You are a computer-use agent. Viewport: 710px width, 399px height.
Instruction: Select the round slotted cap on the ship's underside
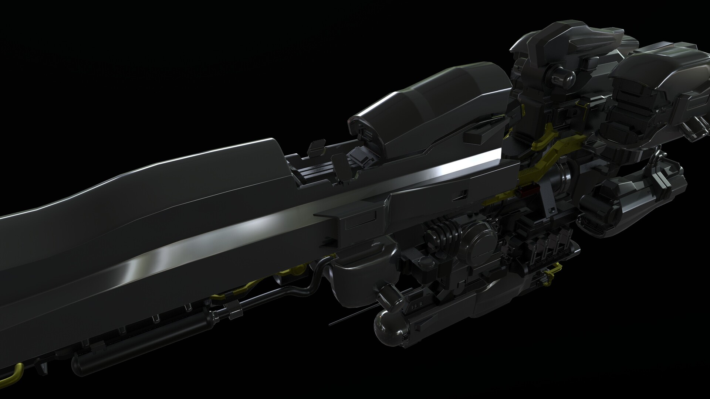480,241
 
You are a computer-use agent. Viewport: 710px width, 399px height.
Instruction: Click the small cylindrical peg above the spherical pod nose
384,294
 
